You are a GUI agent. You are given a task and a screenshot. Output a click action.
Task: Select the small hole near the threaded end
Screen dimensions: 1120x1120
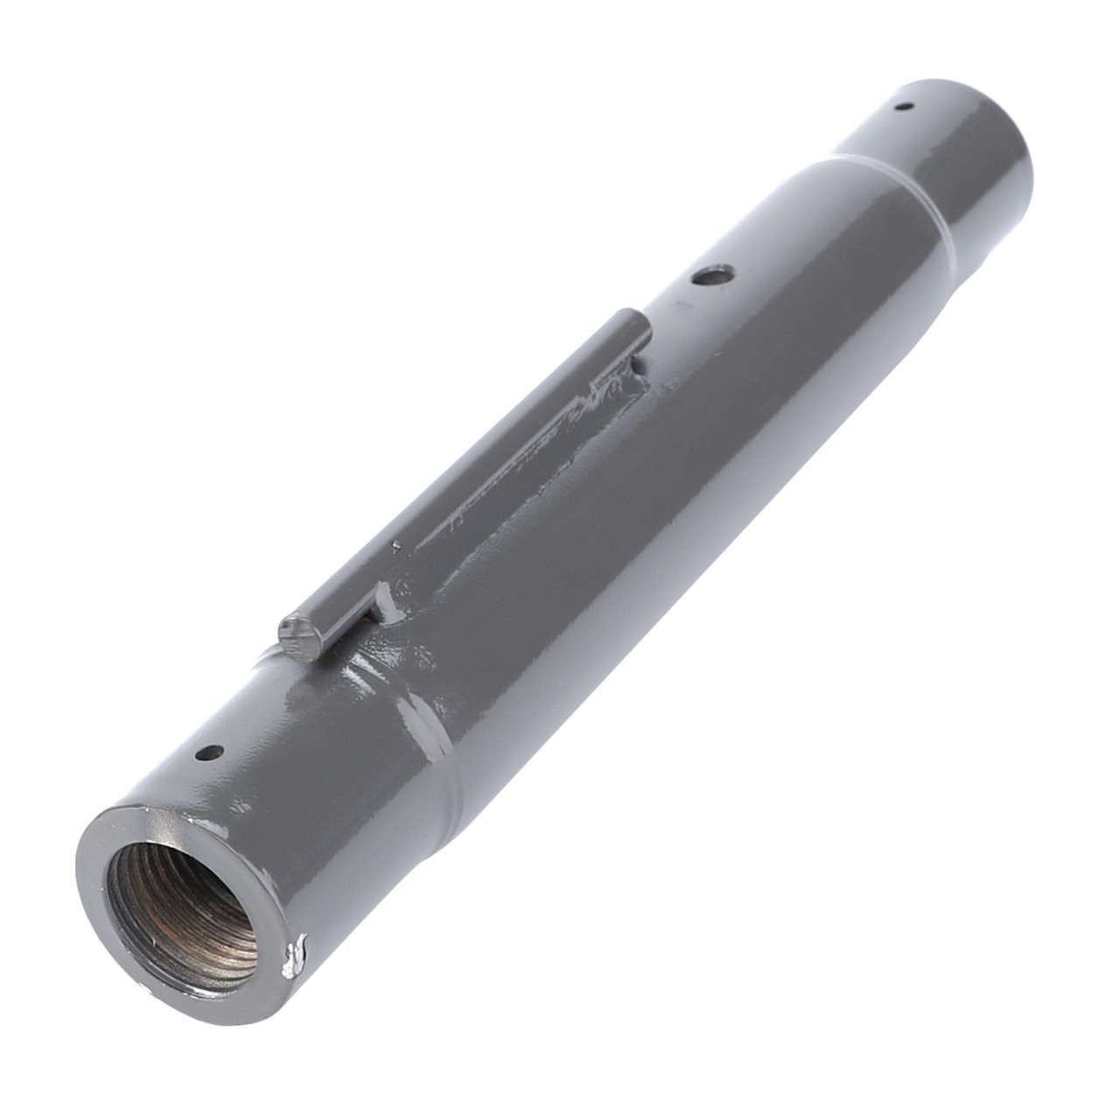(210, 752)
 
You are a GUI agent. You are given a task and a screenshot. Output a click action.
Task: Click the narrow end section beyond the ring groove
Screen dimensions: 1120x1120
(945, 157)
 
